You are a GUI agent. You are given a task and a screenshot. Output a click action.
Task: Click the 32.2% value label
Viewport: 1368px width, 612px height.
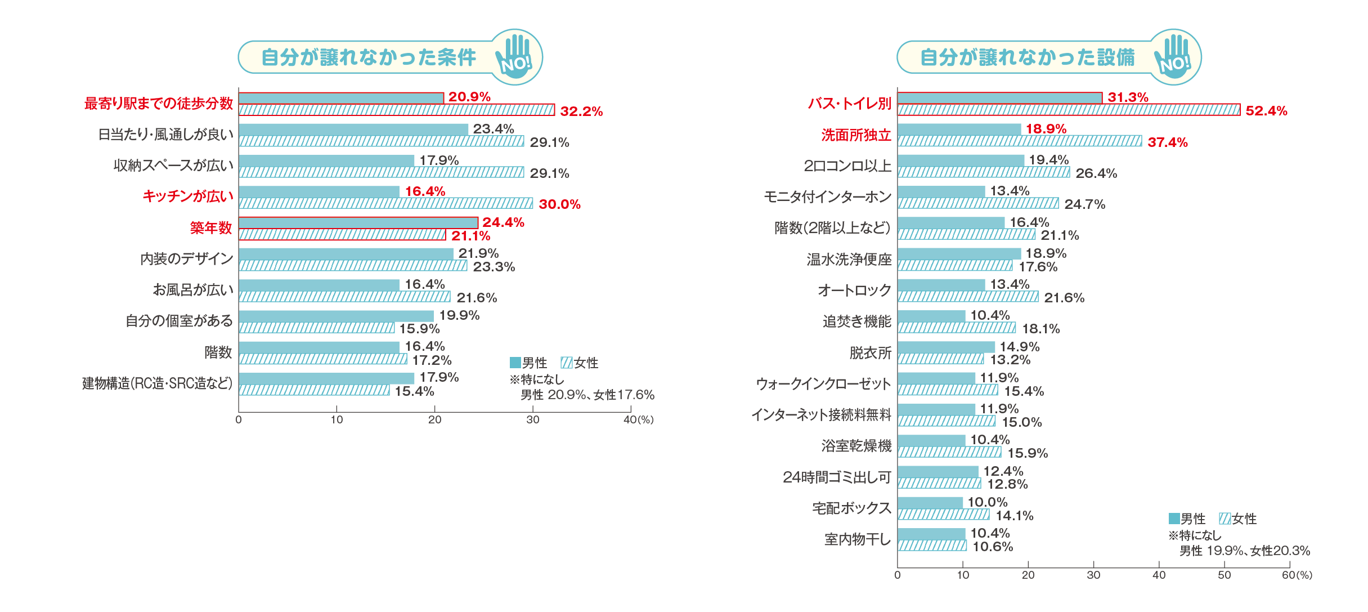[581, 111]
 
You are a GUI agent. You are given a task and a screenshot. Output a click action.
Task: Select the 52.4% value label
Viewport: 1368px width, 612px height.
[1266, 111]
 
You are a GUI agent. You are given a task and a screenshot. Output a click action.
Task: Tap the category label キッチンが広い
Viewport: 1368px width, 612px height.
[187, 196]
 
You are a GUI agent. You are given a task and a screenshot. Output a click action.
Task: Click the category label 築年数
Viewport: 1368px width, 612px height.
[210, 228]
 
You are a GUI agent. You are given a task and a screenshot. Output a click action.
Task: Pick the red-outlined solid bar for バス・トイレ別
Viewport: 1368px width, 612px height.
[999, 98]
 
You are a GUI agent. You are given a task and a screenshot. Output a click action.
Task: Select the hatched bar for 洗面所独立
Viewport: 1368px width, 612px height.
[1019, 141]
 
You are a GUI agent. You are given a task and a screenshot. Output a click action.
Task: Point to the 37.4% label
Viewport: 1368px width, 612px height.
[1167, 142]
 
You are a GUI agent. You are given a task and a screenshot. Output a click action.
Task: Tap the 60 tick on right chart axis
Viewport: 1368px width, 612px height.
[1289, 575]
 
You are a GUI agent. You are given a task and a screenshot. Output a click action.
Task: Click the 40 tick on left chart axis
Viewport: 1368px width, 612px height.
[630, 419]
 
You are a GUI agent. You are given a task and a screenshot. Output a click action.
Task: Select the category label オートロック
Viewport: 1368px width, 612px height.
[854, 291]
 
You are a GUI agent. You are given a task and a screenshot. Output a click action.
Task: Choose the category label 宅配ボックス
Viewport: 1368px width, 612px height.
[851, 508]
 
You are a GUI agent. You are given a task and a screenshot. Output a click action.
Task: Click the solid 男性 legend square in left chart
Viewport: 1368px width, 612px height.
[515, 363]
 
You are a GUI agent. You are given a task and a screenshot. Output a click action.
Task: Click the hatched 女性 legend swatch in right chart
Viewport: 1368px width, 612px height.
[1225, 519]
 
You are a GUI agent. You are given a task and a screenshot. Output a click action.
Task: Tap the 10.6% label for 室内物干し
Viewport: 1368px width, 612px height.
[993, 547]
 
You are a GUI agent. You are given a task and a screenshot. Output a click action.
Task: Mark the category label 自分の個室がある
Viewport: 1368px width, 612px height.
[179, 321]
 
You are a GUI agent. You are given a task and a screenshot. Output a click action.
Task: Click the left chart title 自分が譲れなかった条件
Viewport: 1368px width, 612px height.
[369, 57]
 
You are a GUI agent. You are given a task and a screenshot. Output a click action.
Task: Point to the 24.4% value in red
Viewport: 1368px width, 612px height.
[503, 222]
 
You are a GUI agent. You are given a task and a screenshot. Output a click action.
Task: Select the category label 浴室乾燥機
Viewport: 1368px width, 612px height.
[856, 446]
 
